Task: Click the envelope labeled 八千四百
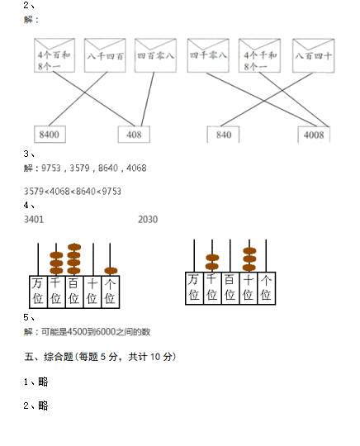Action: pyautogui.click(x=105, y=55)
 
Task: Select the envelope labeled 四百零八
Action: pyautogui.click(x=155, y=55)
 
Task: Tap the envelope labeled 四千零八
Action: pyautogui.click(x=208, y=55)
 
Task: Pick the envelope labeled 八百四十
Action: pyautogui.click(x=314, y=55)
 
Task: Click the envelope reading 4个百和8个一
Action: pyautogui.click(x=54, y=55)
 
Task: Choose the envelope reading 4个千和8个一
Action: pyautogui.click(x=259, y=55)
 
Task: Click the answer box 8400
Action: pyautogui.click(x=50, y=135)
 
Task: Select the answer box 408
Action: pyautogui.click(x=134, y=135)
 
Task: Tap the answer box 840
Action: pyautogui.click(x=223, y=135)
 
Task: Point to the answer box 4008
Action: pyautogui.click(x=314, y=135)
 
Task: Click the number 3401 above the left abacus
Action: pyautogui.click(x=34, y=220)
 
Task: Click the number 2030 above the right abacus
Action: pyautogui.click(x=148, y=220)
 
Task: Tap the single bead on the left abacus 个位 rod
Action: pyautogui.click(x=111, y=271)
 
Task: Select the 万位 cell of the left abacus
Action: pyautogui.click(x=38, y=292)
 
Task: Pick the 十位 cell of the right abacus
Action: pyautogui.click(x=249, y=288)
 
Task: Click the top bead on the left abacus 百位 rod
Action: pyautogui.click(x=74, y=247)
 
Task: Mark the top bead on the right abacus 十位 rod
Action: pyautogui.click(x=249, y=251)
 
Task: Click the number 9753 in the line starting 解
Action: pyautogui.click(x=51, y=168)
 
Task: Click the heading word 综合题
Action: pyautogui.click(x=59, y=357)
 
